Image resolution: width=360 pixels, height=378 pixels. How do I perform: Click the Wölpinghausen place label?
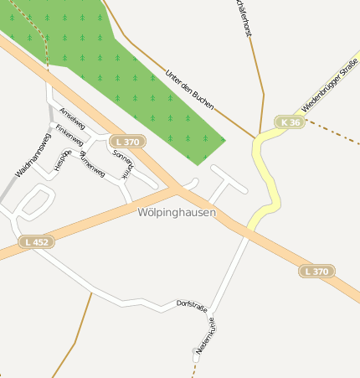[177, 213]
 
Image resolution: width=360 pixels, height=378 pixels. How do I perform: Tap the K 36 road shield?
[291, 122]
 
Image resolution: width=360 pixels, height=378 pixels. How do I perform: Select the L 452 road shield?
[37, 242]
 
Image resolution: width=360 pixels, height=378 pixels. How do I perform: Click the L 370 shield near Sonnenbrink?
[128, 142]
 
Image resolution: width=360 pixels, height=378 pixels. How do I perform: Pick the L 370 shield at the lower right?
[317, 271]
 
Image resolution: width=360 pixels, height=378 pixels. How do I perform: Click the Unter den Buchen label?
[191, 91]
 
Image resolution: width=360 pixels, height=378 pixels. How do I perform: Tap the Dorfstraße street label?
[191, 306]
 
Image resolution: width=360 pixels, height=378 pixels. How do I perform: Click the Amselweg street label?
[73, 118]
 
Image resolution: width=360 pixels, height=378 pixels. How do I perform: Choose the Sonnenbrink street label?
[122, 163]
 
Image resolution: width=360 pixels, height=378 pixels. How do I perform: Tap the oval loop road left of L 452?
[35, 200]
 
